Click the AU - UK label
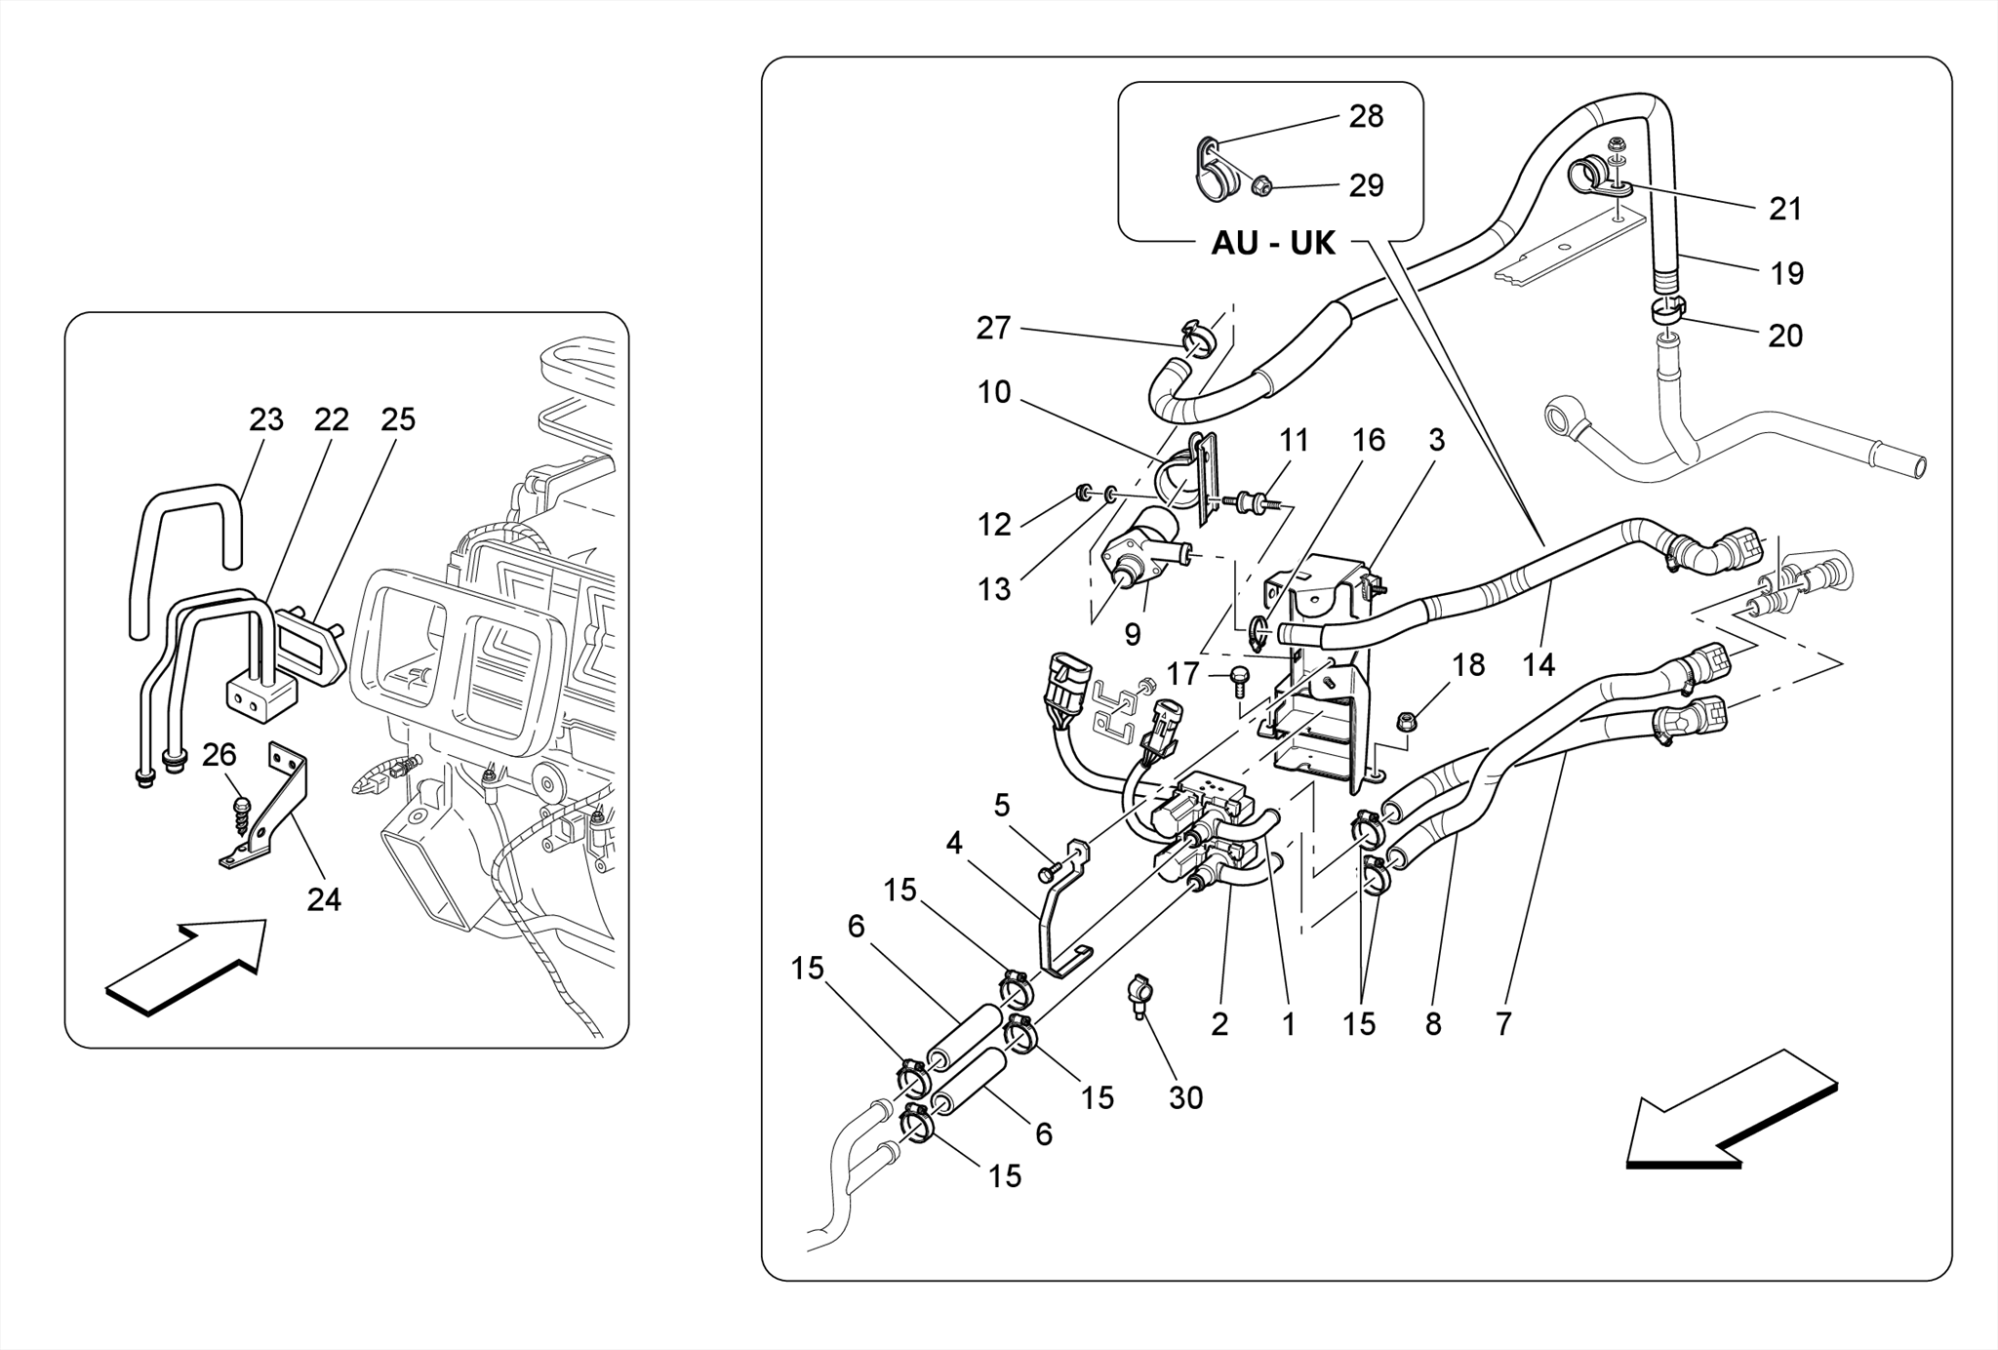[1272, 243]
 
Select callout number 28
[1366, 117]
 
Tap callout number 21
[1785, 209]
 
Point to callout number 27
[993, 329]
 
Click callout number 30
[1185, 1097]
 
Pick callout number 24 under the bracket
[324, 899]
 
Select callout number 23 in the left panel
[265, 419]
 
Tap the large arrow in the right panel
[1732, 1112]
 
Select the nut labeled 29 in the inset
[1260, 183]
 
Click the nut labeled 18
[1407, 723]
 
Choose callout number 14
[1538, 665]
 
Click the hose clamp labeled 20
[1668, 311]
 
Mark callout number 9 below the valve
[1132, 635]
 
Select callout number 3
[1436, 440]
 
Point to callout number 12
[994, 525]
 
